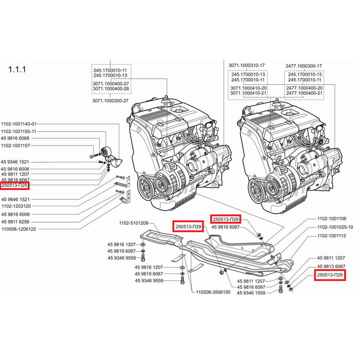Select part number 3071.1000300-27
pos(110,101)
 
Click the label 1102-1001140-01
pos(19,123)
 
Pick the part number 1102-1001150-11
pos(19,131)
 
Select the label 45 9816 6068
pos(15,138)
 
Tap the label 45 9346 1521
pos(15,162)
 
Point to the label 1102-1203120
pos(16,206)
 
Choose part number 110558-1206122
pos(19,229)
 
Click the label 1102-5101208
pos(134,223)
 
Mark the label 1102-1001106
pos(332,219)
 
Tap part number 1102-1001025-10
pos(335,227)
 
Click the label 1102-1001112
pos(332,236)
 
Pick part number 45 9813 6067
pos(331,266)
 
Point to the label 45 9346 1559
pos(251,293)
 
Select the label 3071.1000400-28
pos(111,89)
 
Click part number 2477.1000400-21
pos(304,93)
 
